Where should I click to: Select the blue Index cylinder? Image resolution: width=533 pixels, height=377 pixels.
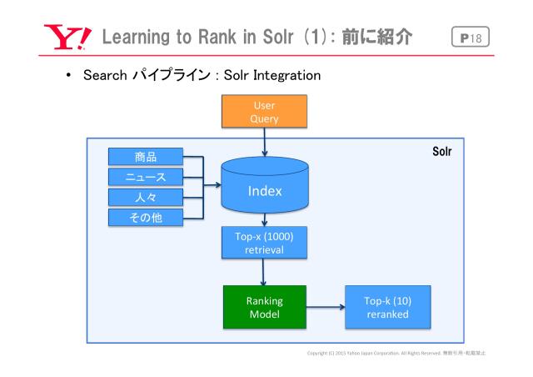pyautogui.click(x=265, y=191)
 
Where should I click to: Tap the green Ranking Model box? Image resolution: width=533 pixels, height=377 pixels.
pyautogui.click(x=264, y=307)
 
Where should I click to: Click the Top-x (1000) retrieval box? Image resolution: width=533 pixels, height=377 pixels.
pyautogui.click(x=264, y=242)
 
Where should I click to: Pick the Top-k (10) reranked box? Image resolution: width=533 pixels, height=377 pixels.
pyautogui.click(x=386, y=307)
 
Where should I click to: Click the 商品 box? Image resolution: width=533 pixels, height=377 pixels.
pyautogui.click(x=146, y=156)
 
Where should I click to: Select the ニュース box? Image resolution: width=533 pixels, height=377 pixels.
pyautogui.click(x=146, y=177)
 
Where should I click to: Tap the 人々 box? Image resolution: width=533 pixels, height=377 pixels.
pyautogui.click(x=146, y=198)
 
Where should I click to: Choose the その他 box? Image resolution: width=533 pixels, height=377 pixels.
pyautogui.click(x=146, y=219)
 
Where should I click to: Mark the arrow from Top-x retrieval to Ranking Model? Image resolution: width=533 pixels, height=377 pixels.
pyautogui.click(x=265, y=272)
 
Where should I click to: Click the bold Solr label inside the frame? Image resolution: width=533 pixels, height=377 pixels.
pyautogui.click(x=441, y=153)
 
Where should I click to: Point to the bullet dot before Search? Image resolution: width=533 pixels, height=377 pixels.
pyautogui.click(x=67, y=77)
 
